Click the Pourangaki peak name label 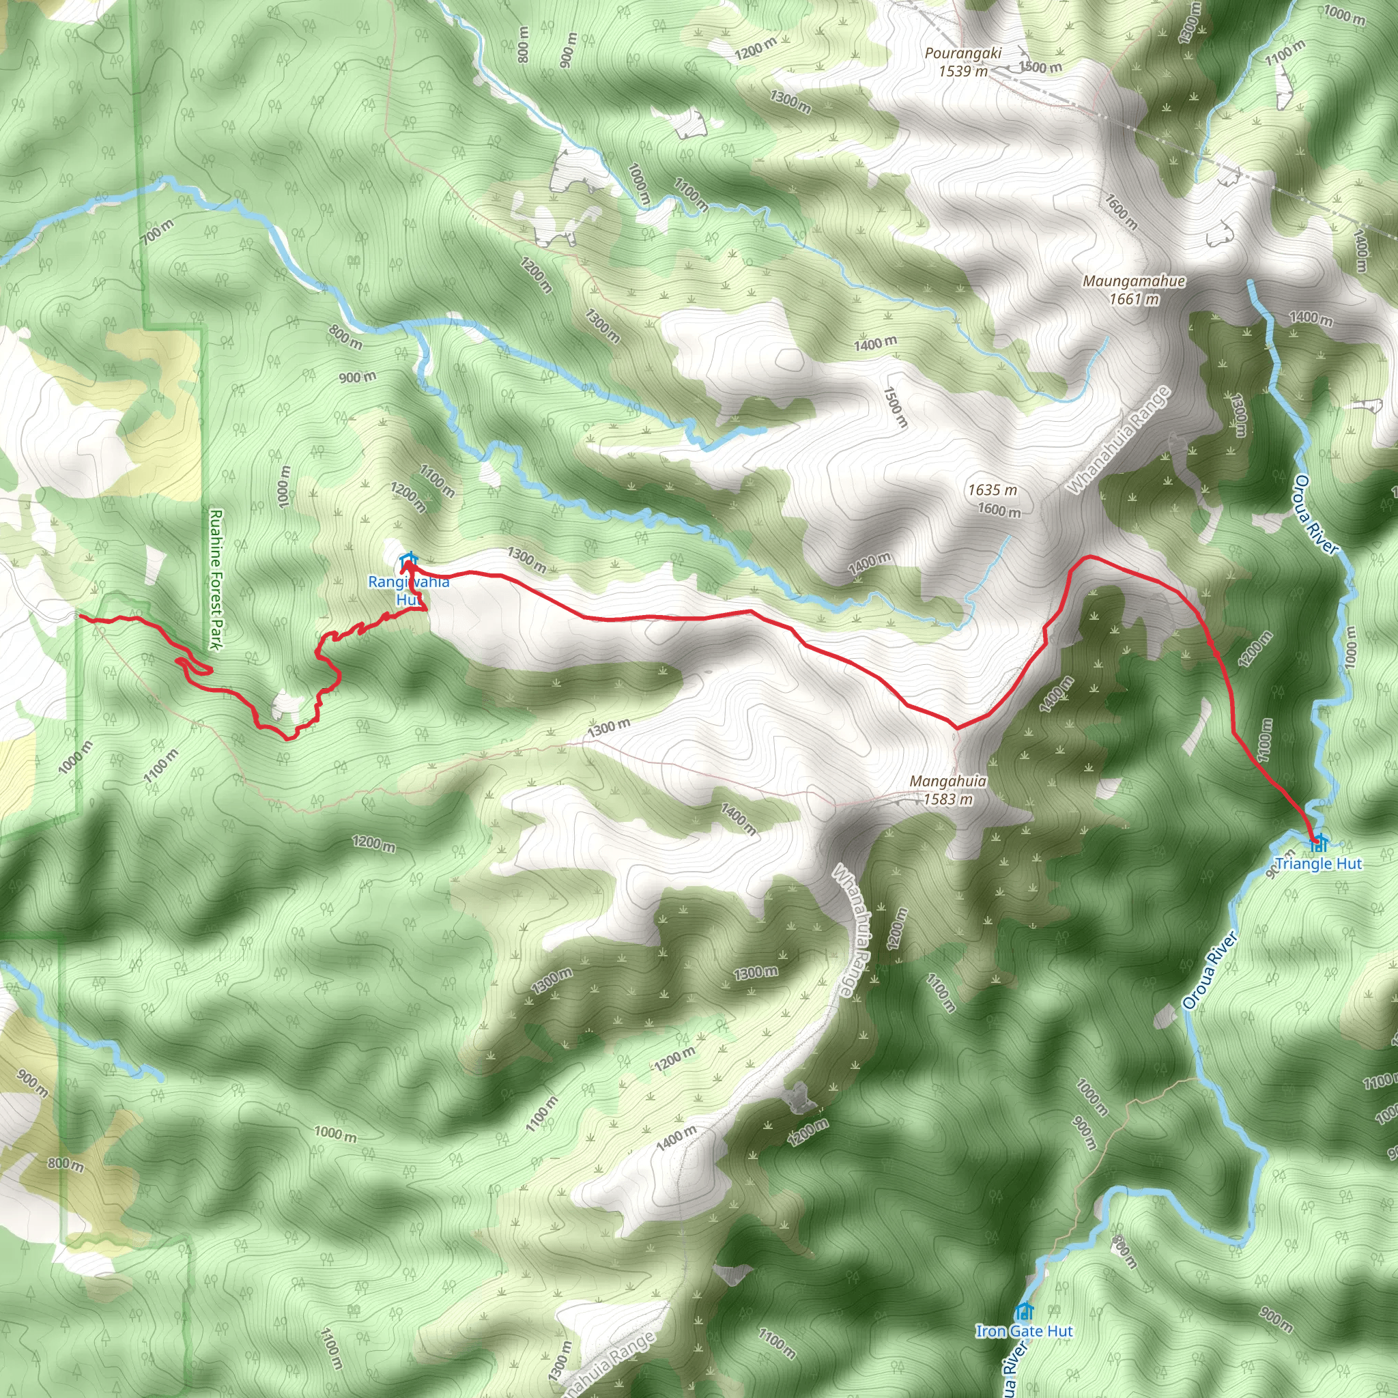click(x=962, y=53)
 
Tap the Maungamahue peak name click(x=1133, y=281)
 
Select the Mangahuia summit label click(x=948, y=781)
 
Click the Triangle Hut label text click(x=1317, y=864)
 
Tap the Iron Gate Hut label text click(x=1024, y=1330)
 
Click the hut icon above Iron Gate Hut click(x=1023, y=1311)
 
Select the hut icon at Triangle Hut click(x=1319, y=842)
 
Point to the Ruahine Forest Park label click(x=216, y=579)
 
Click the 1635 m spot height click(x=992, y=490)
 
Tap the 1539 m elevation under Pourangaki click(x=962, y=71)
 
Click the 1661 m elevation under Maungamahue click(x=1133, y=299)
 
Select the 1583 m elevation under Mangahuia click(x=948, y=799)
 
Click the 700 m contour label click(x=157, y=231)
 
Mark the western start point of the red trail click(x=80, y=616)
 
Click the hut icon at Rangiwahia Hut click(x=409, y=559)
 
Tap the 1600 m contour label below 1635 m click(x=999, y=509)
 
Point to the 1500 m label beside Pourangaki click(x=1040, y=68)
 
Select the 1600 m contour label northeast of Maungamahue click(x=1121, y=210)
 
